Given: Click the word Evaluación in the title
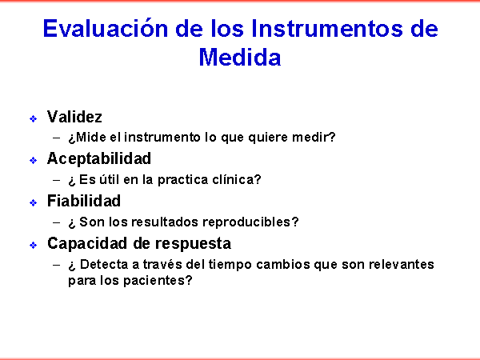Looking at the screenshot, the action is [106, 28].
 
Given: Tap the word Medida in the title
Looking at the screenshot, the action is [240, 57].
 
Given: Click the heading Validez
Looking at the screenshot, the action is [74, 117].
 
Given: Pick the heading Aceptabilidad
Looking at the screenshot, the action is [99, 158].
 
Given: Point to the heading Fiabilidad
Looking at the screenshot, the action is [83, 201].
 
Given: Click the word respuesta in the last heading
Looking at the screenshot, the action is [193, 244].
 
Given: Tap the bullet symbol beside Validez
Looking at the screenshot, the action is [34, 118].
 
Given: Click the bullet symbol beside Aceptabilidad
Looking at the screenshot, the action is [34, 161].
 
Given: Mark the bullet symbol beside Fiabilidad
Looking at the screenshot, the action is [34, 202].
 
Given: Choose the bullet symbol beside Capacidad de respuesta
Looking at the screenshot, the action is [34, 245].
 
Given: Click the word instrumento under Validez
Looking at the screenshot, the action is [162, 137].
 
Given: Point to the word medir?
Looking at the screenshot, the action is [314, 137].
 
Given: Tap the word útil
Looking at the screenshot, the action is [109, 179].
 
